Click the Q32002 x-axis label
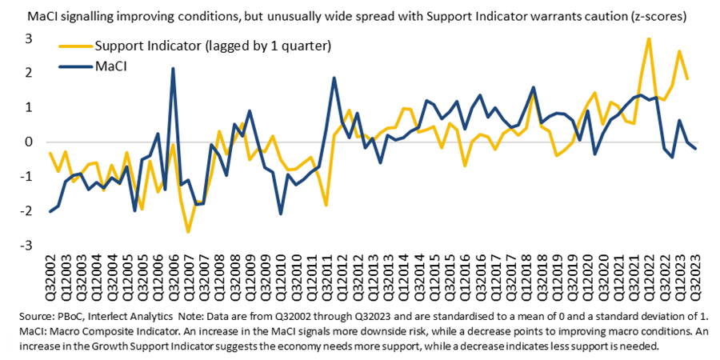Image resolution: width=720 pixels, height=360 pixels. (50, 276)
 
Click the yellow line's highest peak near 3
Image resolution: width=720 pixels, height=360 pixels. (649, 38)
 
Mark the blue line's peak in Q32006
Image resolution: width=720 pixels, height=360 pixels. (174, 69)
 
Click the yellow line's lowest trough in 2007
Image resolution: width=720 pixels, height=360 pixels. (189, 232)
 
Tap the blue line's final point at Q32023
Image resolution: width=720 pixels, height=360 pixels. (695, 148)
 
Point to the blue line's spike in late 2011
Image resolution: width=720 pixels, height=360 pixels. (334, 78)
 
